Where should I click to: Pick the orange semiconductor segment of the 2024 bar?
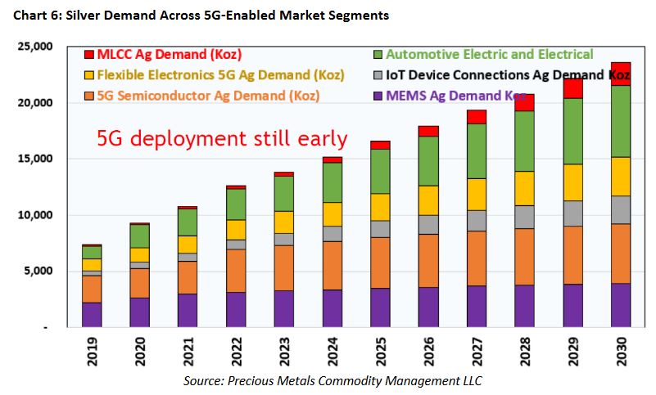click(332, 265)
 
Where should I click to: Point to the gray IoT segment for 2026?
click(429, 224)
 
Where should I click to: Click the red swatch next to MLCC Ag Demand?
click(89, 55)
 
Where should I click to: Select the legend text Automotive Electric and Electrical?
click(489, 55)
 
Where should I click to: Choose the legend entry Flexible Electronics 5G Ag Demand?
click(209, 75)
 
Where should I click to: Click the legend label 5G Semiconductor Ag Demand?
click(208, 97)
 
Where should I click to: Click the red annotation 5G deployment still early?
click(222, 137)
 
